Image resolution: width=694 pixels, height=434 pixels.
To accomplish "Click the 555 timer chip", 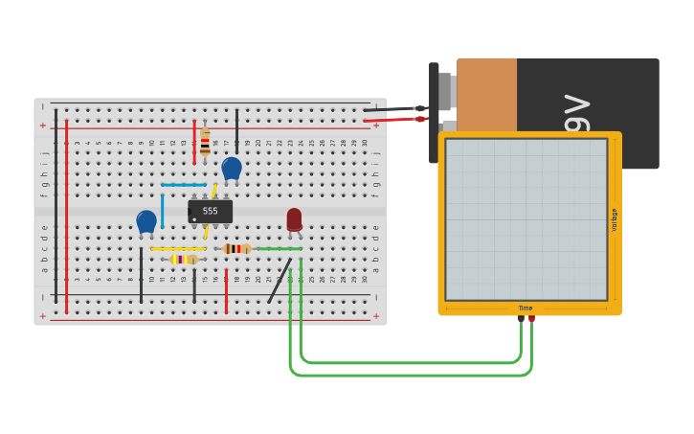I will tap(210, 211).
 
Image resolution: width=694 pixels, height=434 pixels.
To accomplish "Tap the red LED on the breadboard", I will tap(294, 219).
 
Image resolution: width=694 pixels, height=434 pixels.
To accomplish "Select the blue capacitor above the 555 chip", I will tap(232, 169).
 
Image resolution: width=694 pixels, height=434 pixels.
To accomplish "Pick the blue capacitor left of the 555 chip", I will tap(146, 222).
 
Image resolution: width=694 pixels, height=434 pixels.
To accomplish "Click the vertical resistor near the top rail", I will tap(205, 143).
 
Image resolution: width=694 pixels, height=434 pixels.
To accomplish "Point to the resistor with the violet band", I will tap(184, 259).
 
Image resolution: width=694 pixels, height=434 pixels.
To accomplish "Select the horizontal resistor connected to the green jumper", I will tap(235, 249).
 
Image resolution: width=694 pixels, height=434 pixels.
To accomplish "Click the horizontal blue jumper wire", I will tap(184, 185).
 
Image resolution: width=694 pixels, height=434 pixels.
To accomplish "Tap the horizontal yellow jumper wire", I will tap(177, 249).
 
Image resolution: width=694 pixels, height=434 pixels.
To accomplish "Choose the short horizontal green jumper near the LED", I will tap(280, 249).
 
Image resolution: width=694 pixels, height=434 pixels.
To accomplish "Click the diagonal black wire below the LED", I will tap(280, 280).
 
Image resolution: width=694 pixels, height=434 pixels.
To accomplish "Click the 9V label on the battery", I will tap(577, 114).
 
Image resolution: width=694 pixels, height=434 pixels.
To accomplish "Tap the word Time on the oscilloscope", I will tap(526, 308).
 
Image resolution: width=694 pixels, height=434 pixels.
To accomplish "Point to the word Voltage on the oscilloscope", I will tap(615, 219).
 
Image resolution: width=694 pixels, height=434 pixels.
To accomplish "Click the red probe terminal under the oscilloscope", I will tap(532, 319).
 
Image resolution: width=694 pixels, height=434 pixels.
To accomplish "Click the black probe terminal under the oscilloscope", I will tap(522, 319).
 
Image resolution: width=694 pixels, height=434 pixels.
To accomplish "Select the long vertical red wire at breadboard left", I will tap(66, 216).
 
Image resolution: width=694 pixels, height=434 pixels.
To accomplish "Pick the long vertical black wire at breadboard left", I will tap(56, 206).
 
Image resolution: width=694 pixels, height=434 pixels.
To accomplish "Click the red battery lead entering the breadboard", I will tap(392, 120).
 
